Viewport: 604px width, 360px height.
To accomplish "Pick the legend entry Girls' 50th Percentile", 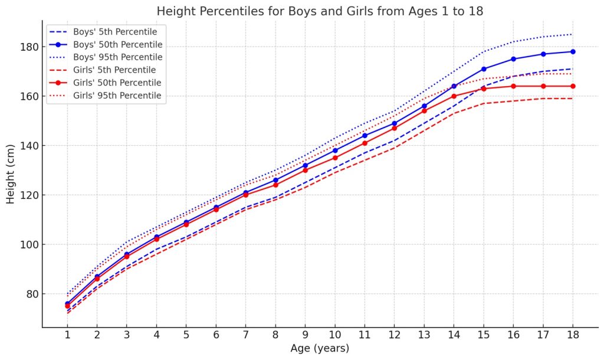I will tap(117, 82).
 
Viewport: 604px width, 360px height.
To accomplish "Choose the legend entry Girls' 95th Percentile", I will tap(117, 95).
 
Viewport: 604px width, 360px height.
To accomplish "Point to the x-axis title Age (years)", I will tap(320, 348).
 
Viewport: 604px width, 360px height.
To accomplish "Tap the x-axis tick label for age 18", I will tap(573, 334).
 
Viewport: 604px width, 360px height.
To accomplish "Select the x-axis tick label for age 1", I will tap(67, 334).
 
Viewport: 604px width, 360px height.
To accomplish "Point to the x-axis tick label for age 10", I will tap(335, 334).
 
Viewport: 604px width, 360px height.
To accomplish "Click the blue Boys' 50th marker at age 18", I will tap(573, 52).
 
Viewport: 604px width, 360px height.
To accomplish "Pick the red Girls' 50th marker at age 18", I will tap(573, 86).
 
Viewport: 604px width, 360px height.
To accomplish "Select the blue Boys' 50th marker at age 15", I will tap(484, 69).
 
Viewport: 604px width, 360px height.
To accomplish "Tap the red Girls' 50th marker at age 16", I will tap(513, 86).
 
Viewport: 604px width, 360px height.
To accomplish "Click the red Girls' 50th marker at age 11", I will tap(365, 143).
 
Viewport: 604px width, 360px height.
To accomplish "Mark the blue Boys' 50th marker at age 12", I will tap(394, 123).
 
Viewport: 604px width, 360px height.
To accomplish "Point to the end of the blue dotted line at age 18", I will tap(573, 34).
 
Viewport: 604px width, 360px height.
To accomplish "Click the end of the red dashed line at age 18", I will tap(573, 99).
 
